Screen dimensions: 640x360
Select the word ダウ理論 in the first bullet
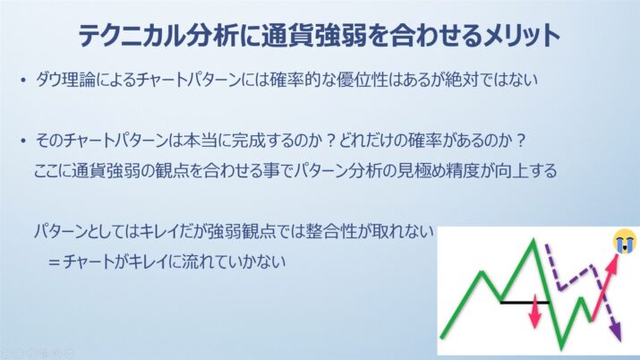65,80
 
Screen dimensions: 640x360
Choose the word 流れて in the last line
204,261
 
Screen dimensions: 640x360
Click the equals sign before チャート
55,262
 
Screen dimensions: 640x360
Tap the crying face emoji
625,241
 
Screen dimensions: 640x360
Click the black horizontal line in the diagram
525,303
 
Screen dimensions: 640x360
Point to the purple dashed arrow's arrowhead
617,332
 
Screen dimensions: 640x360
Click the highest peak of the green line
533,241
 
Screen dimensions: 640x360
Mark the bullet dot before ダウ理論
23,80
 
